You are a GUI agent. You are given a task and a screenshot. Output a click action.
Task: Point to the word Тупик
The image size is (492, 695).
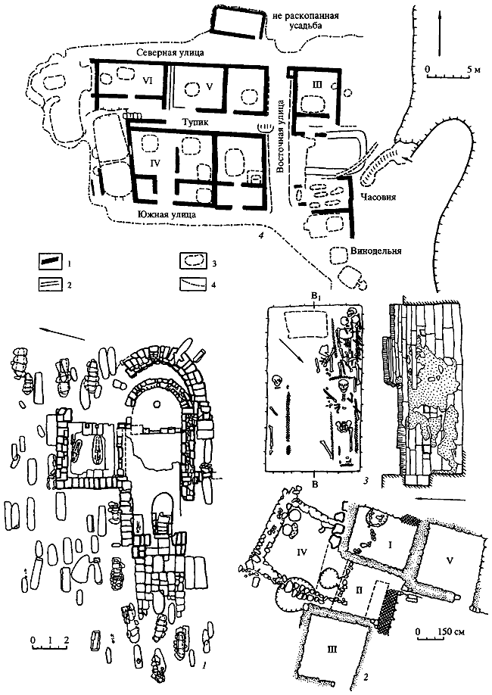tap(197, 120)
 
